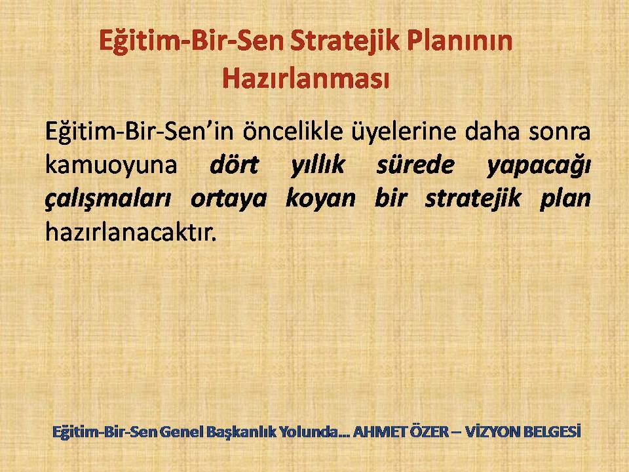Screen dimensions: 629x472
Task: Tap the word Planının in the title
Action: pos(460,40)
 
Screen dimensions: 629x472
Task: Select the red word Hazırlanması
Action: pos(306,77)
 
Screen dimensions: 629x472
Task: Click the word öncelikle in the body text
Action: pos(293,131)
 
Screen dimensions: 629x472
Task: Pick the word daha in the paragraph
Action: pos(493,131)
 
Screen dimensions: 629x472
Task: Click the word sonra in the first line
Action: pos(559,132)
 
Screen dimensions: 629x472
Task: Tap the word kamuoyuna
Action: pos(111,165)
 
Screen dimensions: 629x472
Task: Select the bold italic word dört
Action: pos(235,165)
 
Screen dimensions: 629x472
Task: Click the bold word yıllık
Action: pos(318,165)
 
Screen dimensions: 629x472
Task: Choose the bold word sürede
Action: pos(415,165)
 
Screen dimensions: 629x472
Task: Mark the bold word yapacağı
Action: pos(539,166)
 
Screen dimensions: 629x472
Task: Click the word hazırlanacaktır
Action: pos(131,232)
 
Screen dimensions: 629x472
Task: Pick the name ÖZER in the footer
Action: pos(429,431)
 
